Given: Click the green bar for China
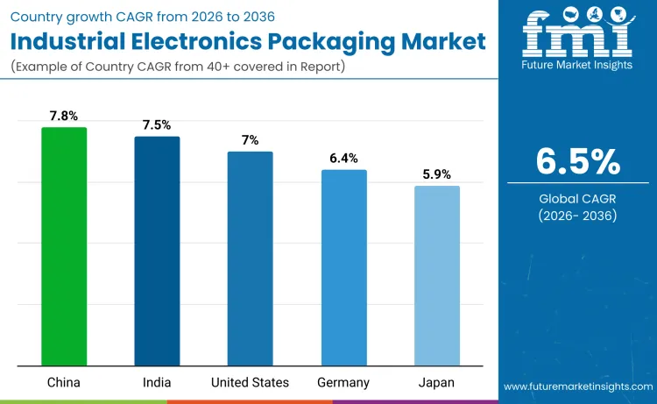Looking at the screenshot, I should point(64,246).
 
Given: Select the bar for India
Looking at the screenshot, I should point(157,251).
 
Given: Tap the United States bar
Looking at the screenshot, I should point(250,259).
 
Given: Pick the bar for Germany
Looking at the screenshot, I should point(343,267).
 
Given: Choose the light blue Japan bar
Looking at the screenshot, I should point(436,275).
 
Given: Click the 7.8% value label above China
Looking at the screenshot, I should point(64,116).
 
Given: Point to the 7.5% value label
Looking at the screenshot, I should point(157,125).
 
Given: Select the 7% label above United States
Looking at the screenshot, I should point(250,140).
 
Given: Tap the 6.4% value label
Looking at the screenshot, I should point(343,159).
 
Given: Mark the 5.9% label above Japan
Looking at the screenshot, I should point(436,174).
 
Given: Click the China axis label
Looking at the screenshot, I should point(64,383).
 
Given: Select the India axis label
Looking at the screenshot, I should point(157,383).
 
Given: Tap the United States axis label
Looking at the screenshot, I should point(250,383).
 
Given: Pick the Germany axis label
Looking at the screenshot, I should point(343,383).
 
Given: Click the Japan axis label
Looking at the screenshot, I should point(436,383).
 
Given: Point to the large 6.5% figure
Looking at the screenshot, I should point(578,162).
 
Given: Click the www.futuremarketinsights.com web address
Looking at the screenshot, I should point(578,386).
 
